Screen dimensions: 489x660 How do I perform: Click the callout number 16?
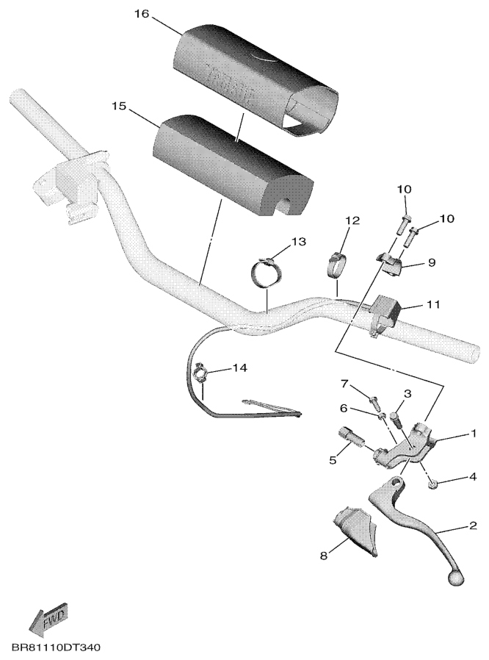142,14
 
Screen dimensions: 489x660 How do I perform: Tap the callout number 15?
119,106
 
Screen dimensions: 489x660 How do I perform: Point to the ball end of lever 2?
456,578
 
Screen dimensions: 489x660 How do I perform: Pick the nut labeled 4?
432,484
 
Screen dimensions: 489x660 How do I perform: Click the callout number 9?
432,262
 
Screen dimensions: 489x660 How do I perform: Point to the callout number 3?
407,394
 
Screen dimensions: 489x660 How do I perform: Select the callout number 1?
474,434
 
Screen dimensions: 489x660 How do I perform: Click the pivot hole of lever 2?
396,481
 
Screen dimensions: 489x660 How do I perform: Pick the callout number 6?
343,408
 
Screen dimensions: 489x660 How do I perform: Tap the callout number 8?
323,556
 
